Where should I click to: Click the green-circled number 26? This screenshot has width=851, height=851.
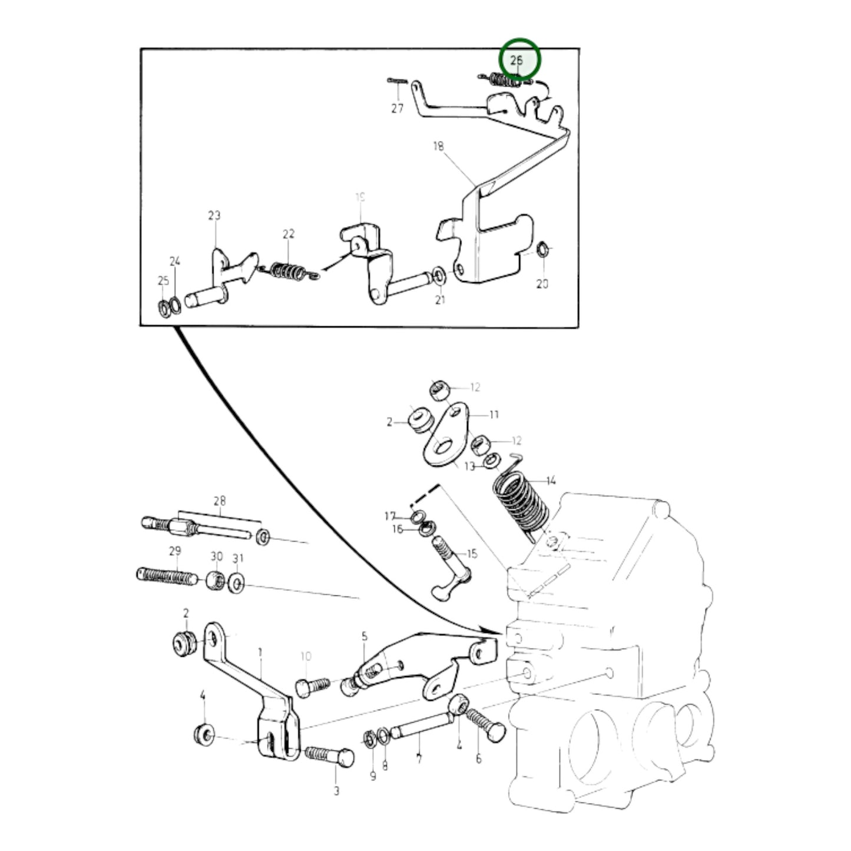click(x=517, y=60)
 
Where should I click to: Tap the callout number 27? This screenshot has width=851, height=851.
click(x=398, y=108)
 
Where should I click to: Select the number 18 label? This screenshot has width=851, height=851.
click(x=438, y=146)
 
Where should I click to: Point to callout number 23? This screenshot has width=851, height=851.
click(x=214, y=216)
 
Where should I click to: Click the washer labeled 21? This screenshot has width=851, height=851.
click(x=438, y=274)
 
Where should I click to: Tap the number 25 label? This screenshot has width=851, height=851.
click(x=163, y=281)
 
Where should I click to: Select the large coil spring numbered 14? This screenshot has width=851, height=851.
click(x=519, y=501)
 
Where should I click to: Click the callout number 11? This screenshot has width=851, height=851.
click(x=494, y=415)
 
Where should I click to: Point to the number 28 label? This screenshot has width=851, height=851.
click(x=219, y=501)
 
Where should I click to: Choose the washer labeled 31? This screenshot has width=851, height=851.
click(x=236, y=584)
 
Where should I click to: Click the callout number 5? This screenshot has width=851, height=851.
click(x=365, y=636)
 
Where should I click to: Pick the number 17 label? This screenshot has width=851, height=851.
click(x=390, y=516)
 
